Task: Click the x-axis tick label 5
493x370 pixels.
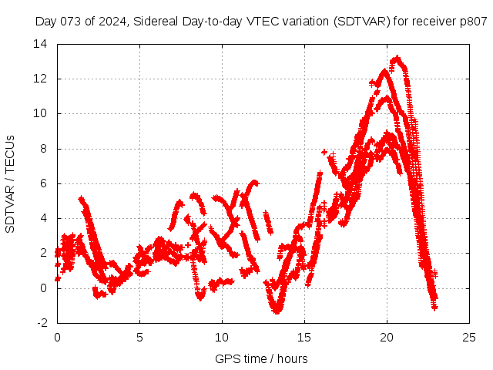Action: point(139,338)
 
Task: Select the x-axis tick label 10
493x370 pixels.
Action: point(222,338)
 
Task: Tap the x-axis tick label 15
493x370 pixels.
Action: point(304,338)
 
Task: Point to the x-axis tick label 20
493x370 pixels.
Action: point(387,338)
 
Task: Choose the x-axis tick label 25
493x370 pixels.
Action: point(469,338)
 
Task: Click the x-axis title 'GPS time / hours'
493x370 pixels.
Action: point(263,358)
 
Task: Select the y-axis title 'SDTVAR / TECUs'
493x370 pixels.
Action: point(11,183)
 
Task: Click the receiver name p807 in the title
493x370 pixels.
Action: point(474,22)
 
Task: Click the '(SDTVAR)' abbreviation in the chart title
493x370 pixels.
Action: point(362,22)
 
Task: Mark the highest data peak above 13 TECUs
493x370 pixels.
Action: point(397,58)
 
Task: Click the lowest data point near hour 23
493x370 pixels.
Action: point(434,308)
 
